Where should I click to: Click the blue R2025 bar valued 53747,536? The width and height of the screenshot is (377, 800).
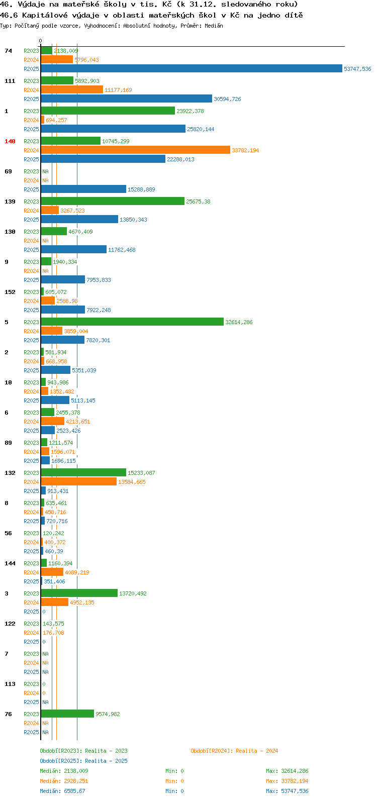192,68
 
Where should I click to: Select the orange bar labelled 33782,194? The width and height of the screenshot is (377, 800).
135,150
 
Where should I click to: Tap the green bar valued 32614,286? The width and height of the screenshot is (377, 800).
132,322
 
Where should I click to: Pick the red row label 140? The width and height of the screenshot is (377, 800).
10,141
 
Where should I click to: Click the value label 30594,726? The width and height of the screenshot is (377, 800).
227,99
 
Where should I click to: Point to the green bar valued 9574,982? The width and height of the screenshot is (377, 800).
67,714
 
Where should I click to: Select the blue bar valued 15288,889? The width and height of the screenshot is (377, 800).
83,189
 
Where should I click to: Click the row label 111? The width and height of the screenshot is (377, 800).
10,81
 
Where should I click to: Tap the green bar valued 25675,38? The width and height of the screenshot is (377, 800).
113,201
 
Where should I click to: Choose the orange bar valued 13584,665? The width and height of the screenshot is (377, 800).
79,481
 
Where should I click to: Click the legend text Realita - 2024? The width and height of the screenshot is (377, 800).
257,751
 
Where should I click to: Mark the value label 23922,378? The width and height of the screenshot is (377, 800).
190,111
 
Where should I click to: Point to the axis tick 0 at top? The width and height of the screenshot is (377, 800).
40,41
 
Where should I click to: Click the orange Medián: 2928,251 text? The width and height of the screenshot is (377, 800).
64,781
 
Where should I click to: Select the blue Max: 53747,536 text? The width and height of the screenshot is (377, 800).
287,791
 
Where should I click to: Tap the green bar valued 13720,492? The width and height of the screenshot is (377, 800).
79,593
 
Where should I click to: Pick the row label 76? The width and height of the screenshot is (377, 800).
8,714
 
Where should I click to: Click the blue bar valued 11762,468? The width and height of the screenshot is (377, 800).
73,249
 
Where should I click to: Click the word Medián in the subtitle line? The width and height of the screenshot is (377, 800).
214,26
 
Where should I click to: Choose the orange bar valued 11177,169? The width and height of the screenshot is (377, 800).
72,89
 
